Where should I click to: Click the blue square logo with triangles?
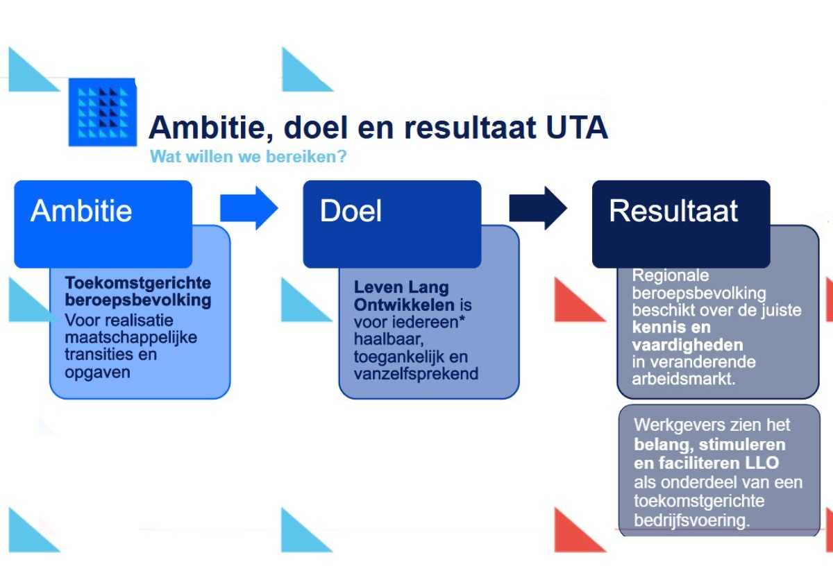(x=103, y=112)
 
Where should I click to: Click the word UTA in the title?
(x=577, y=128)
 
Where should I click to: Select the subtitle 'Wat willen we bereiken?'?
(x=248, y=156)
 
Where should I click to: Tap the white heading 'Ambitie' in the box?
(x=81, y=211)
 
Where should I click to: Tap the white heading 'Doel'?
(x=351, y=211)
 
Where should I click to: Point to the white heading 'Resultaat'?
(x=673, y=211)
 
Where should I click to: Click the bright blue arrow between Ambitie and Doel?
(x=249, y=208)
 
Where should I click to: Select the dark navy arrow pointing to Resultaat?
(x=538, y=208)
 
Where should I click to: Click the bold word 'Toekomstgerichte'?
(x=138, y=283)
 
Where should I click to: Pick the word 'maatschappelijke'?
(x=131, y=337)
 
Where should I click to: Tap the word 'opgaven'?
(x=97, y=373)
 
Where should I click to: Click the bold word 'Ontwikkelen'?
(x=404, y=305)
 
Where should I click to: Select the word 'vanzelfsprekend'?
(x=416, y=374)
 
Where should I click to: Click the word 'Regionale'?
(x=671, y=275)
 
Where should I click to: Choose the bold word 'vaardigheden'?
(x=688, y=346)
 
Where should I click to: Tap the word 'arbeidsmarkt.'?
(x=684, y=379)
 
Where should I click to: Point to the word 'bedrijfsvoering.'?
(x=691, y=520)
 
